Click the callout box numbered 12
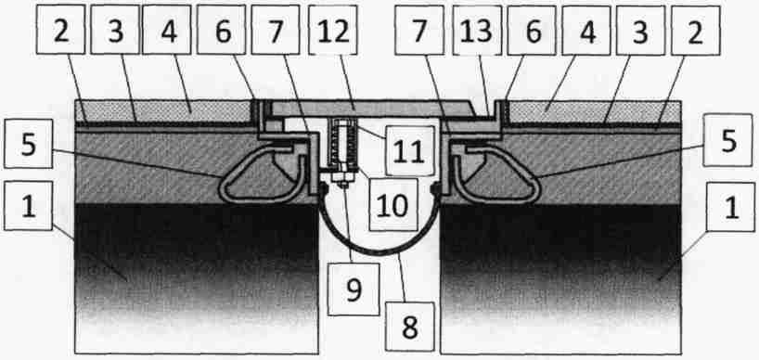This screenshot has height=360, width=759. tap(332, 30)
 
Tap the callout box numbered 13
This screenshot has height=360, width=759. tap(477, 30)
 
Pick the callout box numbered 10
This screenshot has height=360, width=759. tap(392, 205)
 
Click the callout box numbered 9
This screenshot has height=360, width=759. tap(354, 290)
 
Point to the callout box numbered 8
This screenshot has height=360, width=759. tap(409, 328)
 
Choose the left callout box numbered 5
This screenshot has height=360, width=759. tap(28, 144)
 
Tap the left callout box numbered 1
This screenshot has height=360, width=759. tap(28, 206)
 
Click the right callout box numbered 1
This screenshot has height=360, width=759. tap(730, 208)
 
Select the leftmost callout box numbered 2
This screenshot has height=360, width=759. tap(61, 30)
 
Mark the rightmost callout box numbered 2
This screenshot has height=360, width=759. tap(695, 30)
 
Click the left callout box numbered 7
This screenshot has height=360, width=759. tap(276, 30)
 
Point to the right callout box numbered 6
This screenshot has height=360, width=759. tap(532, 30)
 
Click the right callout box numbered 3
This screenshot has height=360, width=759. tap(640, 30)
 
